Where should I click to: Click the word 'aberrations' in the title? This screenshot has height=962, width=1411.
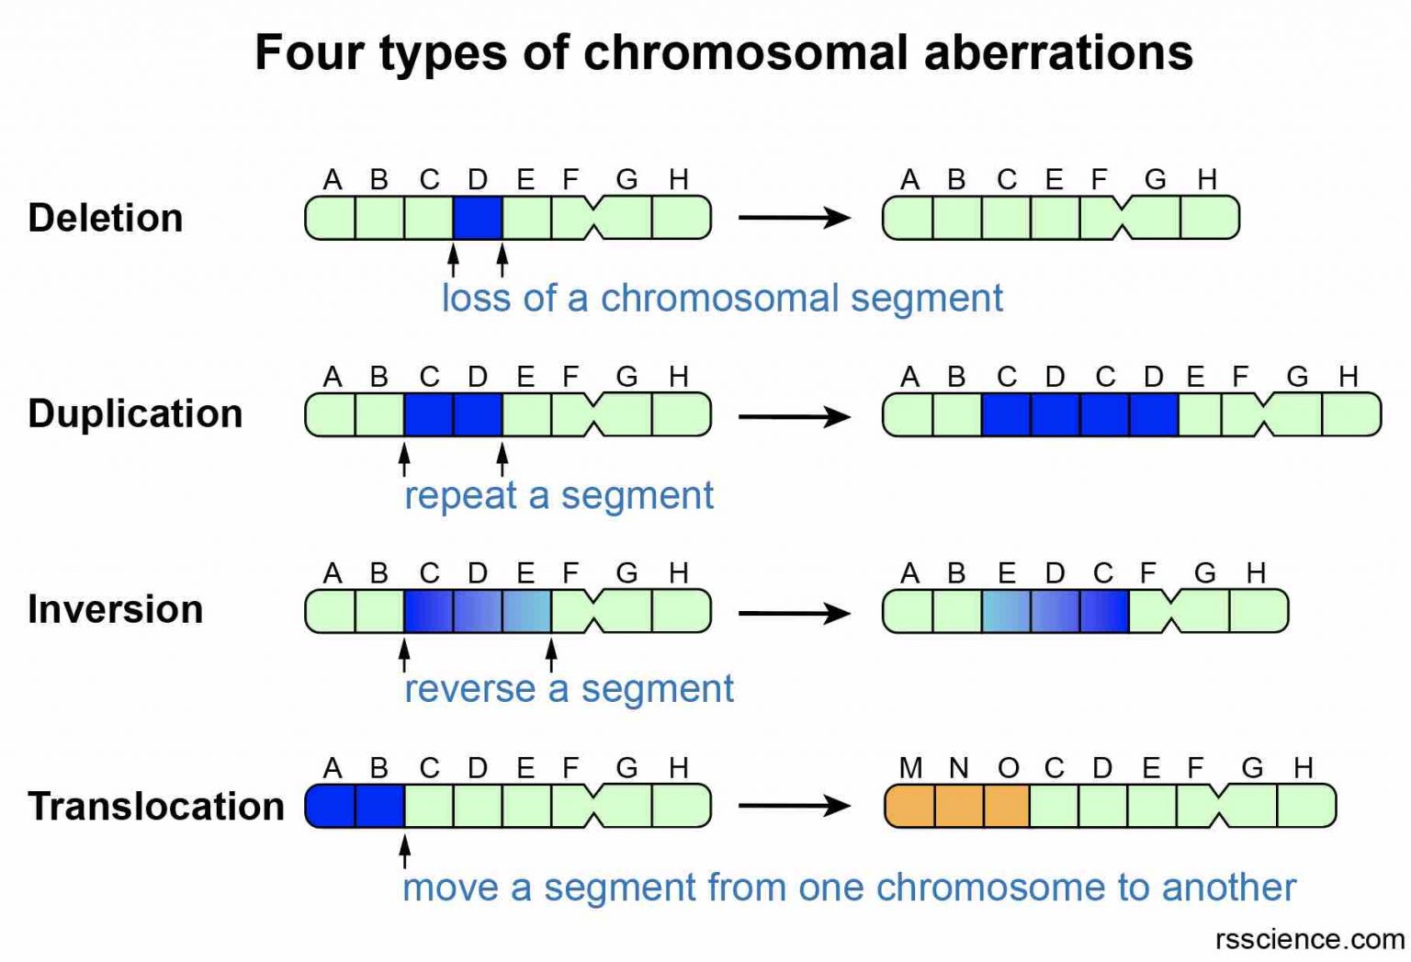pos(1057,52)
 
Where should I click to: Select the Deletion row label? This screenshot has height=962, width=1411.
pos(106,219)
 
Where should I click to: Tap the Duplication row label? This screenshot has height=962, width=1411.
pos(135,414)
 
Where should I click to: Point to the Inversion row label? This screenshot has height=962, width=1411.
pos(115,610)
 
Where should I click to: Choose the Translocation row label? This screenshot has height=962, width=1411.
pos(156,807)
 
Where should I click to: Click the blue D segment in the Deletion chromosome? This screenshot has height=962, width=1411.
pos(478,218)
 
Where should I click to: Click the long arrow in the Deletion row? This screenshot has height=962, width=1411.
pos(795,218)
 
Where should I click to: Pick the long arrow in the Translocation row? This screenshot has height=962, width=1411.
pos(795,807)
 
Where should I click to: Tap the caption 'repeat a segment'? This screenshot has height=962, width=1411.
pos(559,496)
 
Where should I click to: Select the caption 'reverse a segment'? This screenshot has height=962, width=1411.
pos(569,689)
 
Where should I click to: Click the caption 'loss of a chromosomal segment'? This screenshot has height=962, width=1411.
pos(722,299)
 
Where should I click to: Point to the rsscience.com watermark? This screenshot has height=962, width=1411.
pos(1309,939)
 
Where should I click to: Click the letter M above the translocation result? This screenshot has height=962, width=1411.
pos(910,768)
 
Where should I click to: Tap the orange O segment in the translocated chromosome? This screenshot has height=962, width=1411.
pos(1007,806)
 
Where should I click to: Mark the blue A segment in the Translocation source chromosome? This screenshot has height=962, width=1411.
pos(331,806)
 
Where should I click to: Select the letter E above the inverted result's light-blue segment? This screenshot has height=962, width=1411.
pos(1007,573)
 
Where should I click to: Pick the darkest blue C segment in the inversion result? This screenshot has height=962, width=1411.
pos(1105,612)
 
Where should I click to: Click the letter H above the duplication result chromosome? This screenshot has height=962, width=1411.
pos(1348,377)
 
